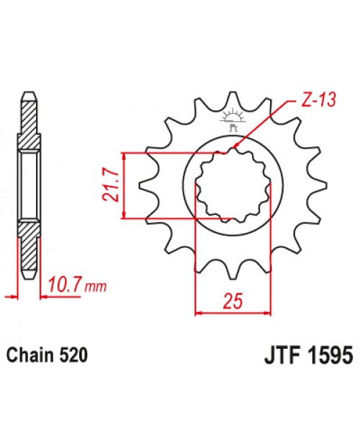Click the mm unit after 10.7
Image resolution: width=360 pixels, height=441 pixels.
95,288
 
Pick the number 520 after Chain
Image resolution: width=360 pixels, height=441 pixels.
75,356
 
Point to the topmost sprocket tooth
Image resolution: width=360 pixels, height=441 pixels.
233,99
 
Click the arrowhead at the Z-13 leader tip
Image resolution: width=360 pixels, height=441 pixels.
235,149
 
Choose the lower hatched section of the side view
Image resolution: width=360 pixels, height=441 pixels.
28,252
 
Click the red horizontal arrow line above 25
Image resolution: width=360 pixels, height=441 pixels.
233,312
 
